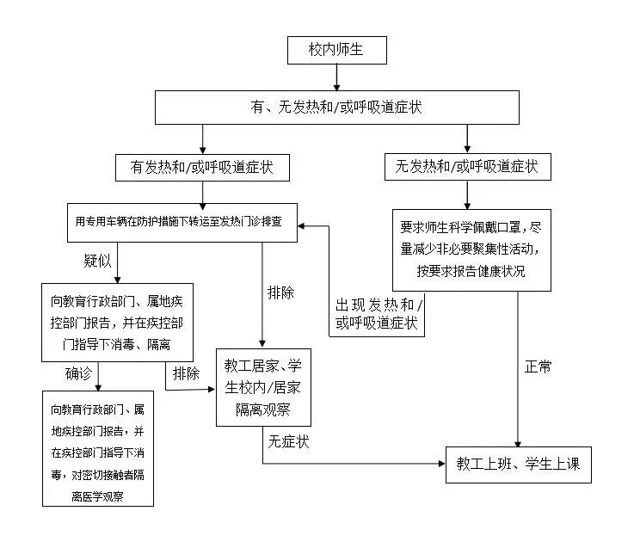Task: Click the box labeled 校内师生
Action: (336, 50)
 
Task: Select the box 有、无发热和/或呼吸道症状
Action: (336, 107)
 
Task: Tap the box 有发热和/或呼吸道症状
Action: (201, 167)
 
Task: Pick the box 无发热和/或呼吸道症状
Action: (467, 167)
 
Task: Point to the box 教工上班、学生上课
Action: (519, 465)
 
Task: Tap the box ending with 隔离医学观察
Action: (97, 447)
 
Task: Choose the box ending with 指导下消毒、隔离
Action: (117, 321)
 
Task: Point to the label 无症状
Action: (288, 442)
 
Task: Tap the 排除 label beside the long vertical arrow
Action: (280, 292)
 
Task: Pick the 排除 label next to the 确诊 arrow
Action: (186, 373)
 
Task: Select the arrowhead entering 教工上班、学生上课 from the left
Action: (440, 465)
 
